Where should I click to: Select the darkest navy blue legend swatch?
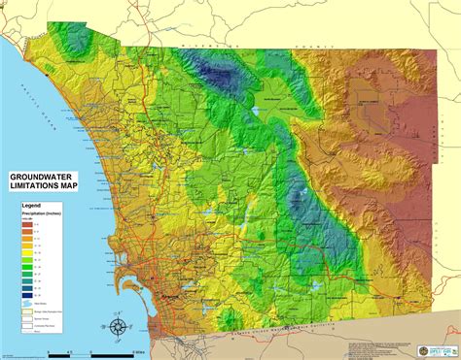click(24, 290)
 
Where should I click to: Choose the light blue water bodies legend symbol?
click(24, 301)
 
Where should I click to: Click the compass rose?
click(119, 327)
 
